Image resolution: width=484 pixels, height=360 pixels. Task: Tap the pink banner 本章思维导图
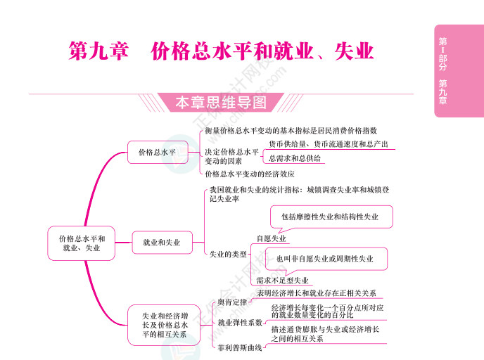tap(220, 103)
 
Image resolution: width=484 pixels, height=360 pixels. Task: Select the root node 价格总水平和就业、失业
tap(82, 243)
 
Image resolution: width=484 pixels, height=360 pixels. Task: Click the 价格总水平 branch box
tap(157, 151)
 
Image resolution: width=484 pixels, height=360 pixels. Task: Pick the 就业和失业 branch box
tap(161, 243)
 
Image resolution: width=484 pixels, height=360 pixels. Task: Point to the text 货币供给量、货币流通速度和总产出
tap(328, 144)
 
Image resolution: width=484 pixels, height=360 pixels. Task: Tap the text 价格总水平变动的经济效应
tap(250, 173)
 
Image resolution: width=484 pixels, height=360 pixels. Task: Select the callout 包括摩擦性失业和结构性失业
tap(330, 217)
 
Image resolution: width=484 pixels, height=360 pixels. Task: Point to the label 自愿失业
tap(272, 238)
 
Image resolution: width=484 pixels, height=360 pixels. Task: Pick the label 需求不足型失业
tap(282, 280)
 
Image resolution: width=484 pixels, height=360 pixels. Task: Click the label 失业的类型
tap(229, 254)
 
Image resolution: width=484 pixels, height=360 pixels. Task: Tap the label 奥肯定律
tap(231, 303)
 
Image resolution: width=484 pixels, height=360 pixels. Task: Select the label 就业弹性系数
tap(240, 323)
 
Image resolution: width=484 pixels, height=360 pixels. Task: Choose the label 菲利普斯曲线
tap(240, 347)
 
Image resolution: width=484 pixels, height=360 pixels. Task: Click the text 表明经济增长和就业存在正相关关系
tap(317, 292)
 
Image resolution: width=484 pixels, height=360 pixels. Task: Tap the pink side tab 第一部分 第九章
tap(442, 70)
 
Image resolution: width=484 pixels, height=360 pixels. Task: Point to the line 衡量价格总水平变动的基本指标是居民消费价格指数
tap(291, 131)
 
